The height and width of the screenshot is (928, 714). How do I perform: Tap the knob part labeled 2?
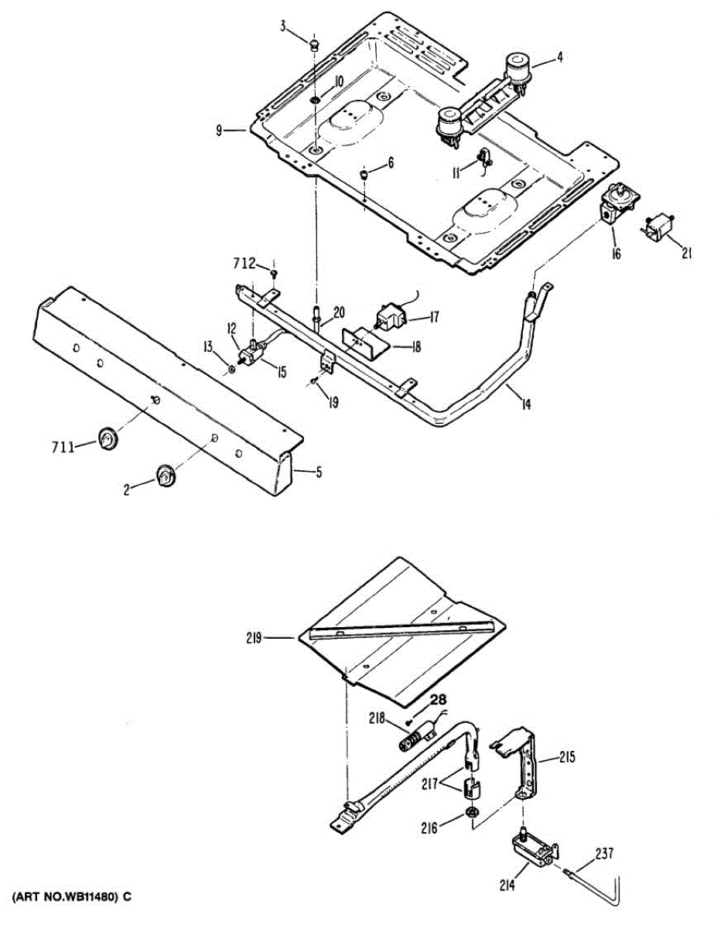click(x=165, y=476)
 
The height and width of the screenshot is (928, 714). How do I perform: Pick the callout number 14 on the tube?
click(x=527, y=403)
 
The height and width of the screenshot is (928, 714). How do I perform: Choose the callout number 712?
click(x=244, y=264)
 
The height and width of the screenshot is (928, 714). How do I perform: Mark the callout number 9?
click(x=220, y=131)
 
